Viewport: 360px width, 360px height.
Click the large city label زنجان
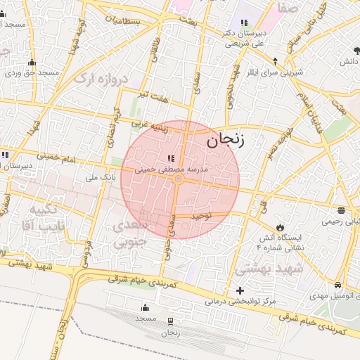pyautogui.click(x=225, y=140)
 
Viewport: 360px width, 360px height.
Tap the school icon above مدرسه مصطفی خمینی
pyautogui.click(x=171, y=157)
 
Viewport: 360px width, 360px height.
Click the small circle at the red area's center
pyautogui.click(x=178, y=179)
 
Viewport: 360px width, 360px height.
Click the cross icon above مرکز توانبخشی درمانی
pyautogui.click(x=240, y=290)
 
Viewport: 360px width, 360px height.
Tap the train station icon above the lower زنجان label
pyautogui.click(x=170, y=321)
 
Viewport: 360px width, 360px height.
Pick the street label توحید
pyautogui.click(x=202, y=217)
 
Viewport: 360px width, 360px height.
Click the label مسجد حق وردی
pyautogui.click(x=32, y=72)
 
